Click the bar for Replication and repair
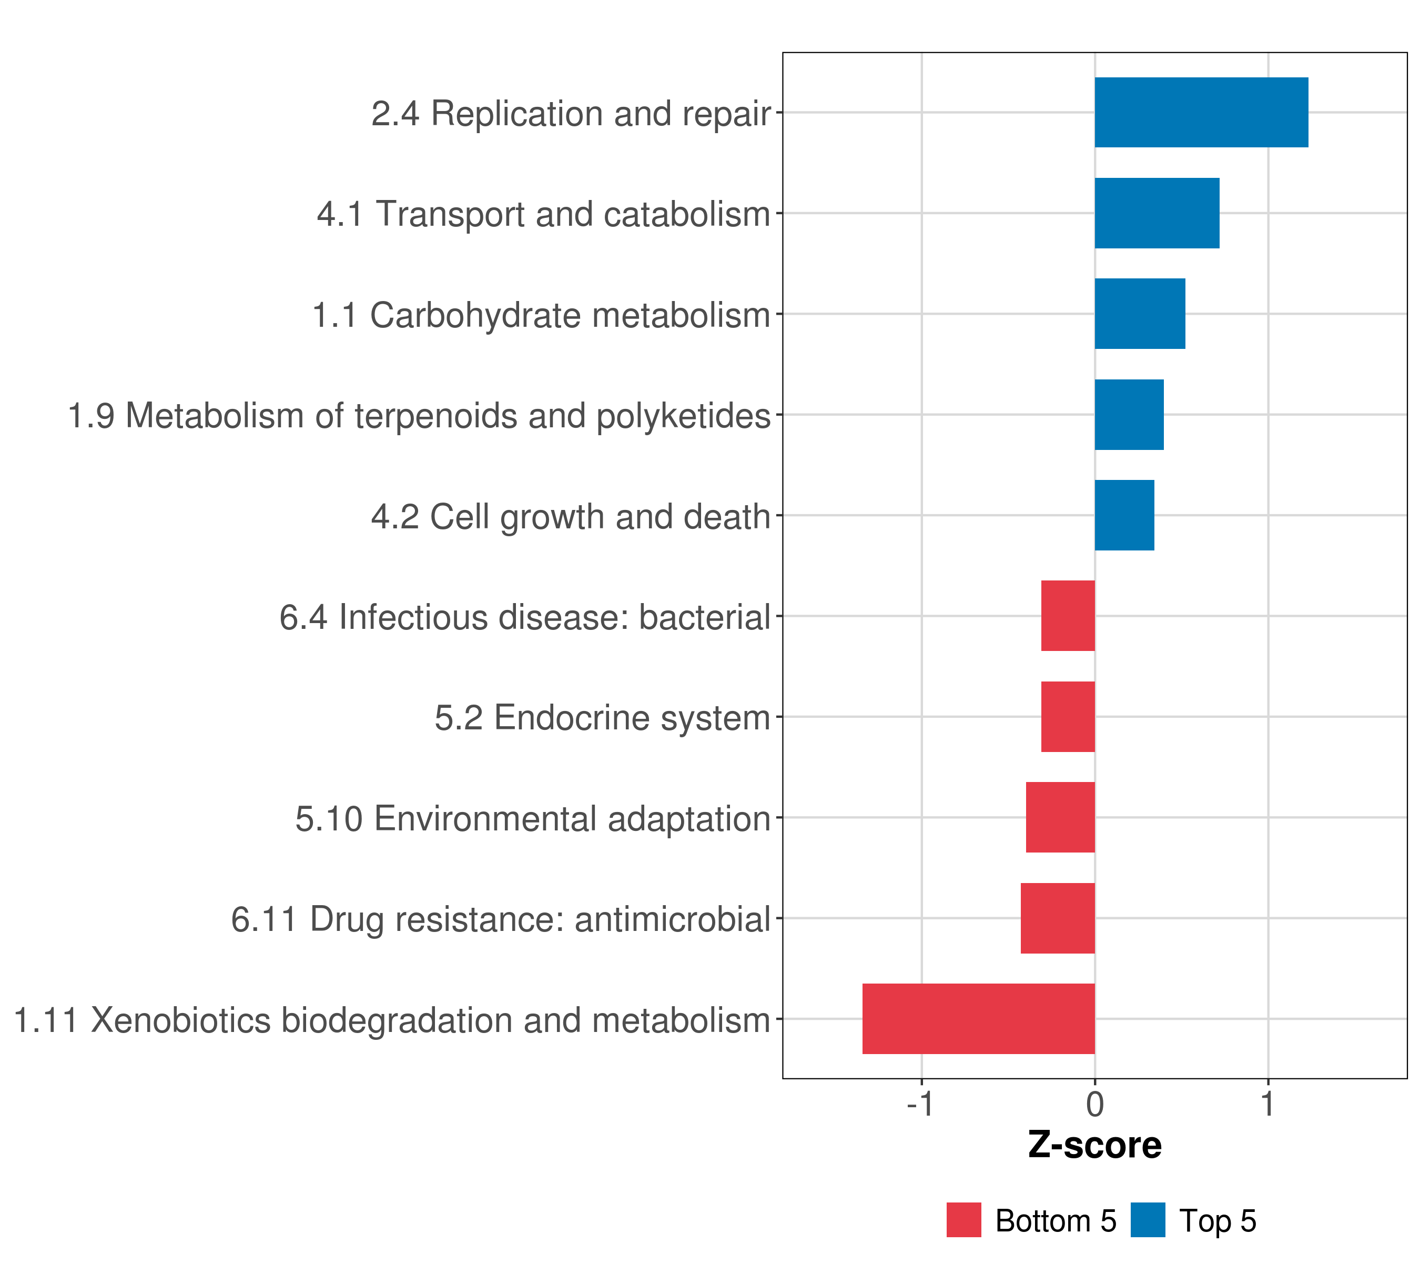[x=1201, y=113]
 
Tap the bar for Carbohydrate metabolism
[x=1140, y=314]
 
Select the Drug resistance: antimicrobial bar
[x=1058, y=918]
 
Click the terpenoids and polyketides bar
[x=1129, y=415]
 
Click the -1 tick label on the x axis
[x=921, y=1105]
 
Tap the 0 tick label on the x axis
[x=1095, y=1105]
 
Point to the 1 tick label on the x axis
[x=1269, y=1105]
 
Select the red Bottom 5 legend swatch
[x=963, y=1220]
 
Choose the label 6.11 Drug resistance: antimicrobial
[x=501, y=919]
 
